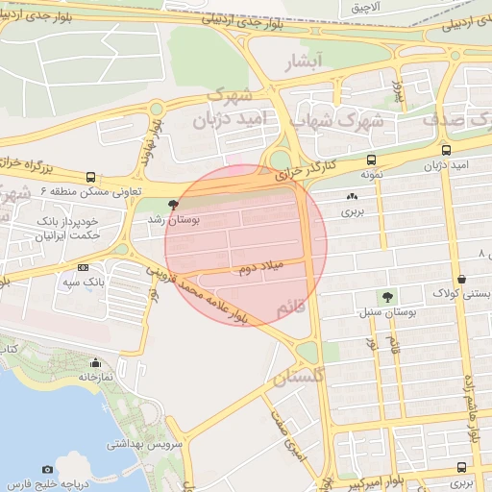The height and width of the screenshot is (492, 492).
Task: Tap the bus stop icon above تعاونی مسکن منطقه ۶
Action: [x=90, y=177]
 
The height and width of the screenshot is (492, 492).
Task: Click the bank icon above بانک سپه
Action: [x=83, y=267]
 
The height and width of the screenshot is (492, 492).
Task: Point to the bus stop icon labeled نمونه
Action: [x=371, y=160]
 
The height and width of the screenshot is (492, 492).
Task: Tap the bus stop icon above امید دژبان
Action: [x=446, y=150]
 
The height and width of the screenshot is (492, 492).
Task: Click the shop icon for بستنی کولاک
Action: [x=462, y=280]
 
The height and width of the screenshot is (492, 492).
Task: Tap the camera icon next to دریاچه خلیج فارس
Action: [x=48, y=469]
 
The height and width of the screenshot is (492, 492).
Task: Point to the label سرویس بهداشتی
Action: [x=138, y=444]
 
